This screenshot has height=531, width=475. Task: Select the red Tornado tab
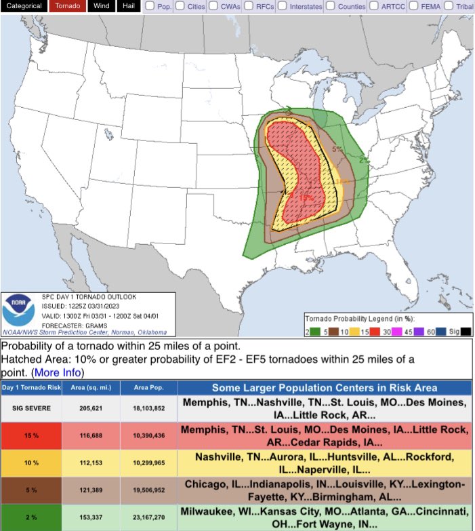(66, 6)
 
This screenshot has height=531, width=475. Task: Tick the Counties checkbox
(329, 6)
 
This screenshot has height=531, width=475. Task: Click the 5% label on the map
(337, 149)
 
